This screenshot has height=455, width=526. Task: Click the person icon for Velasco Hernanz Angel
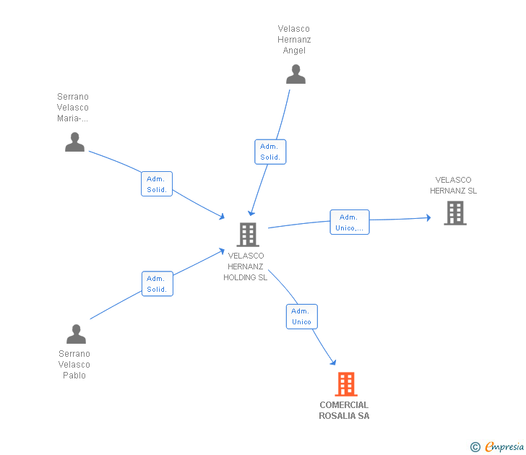(296, 74)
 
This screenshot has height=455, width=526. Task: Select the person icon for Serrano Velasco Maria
(74, 142)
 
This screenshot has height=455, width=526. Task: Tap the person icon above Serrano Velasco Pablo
(76, 334)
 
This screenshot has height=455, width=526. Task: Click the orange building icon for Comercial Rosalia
(346, 384)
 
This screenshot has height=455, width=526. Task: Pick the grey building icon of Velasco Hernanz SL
(455, 213)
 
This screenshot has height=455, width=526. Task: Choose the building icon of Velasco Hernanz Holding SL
(248, 235)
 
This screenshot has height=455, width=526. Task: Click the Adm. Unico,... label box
(350, 222)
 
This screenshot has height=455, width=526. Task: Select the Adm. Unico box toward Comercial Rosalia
(301, 316)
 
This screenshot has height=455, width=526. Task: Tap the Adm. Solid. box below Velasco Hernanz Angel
(270, 152)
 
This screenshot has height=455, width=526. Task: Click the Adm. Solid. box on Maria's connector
(157, 183)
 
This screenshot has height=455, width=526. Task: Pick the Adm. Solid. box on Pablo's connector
(158, 284)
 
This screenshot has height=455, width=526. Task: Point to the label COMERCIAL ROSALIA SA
(344, 410)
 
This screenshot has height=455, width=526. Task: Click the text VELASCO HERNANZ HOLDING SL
(246, 266)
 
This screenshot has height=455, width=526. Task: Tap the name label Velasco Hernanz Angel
(294, 40)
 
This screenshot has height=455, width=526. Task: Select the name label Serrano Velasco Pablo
(74, 365)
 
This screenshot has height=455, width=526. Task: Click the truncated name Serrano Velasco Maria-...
(73, 108)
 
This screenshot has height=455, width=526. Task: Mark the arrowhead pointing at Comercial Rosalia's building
(333, 362)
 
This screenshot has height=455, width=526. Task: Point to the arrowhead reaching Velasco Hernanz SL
(428, 217)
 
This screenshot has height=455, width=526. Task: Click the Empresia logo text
(504, 446)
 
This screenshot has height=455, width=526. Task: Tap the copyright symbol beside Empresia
(475, 447)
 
